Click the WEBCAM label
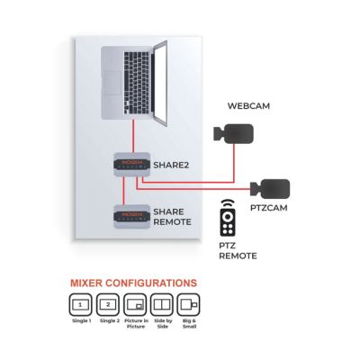pyautogui.click(x=248, y=106)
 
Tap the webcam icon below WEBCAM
pyautogui.click(x=234, y=134)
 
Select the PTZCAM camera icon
pyautogui.click(x=271, y=189)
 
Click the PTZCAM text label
pyautogui.click(x=268, y=208)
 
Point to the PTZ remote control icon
pyautogui.click(x=228, y=218)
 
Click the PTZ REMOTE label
pyautogui.click(x=238, y=251)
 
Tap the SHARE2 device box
pyautogui.click(x=131, y=165)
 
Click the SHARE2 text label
pyautogui.click(x=171, y=165)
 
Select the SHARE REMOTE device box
pyautogui.click(x=131, y=217)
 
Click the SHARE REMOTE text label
pyautogui.click(x=172, y=217)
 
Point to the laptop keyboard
pyautogui.click(x=137, y=80)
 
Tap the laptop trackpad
pyautogui.click(x=112, y=83)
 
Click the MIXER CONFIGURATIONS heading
pyautogui.click(x=133, y=283)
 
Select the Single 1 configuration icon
pyautogui.click(x=80, y=305)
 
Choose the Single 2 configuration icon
pyautogui.click(x=108, y=305)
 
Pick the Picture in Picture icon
pyautogui.click(x=135, y=305)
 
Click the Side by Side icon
pyautogui.click(x=162, y=305)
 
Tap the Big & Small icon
pyautogui.click(x=189, y=305)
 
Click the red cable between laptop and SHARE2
pyautogui.click(x=132, y=136)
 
